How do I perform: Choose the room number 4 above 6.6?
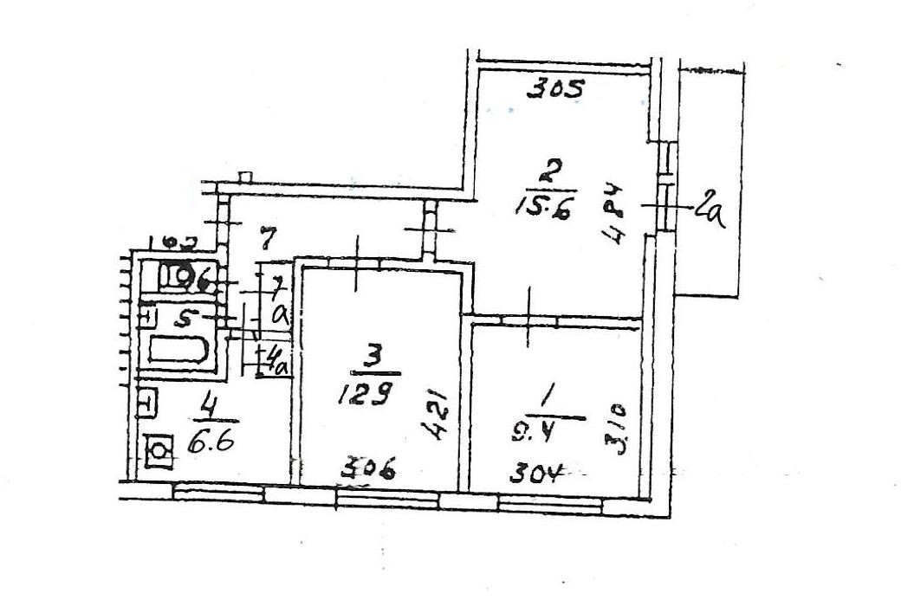(x=207, y=403)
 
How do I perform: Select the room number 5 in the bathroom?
(x=183, y=318)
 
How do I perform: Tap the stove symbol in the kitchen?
(x=158, y=450)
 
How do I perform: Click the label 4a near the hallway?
(x=278, y=358)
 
